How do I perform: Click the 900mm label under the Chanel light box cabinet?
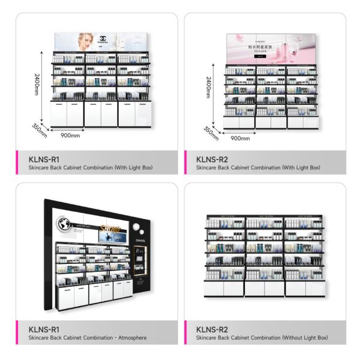click(x=70, y=135)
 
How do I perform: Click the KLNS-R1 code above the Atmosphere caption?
click(x=44, y=329)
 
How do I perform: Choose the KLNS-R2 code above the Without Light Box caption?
click(x=212, y=329)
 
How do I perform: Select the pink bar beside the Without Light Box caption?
click(x=185, y=332)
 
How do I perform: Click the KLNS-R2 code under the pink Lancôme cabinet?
click(x=212, y=159)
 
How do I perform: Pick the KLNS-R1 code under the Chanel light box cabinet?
click(x=44, y=159)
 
